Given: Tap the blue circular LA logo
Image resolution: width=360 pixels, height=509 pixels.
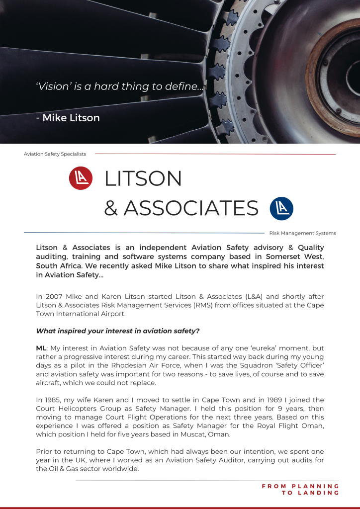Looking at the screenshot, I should pyautogui.click(x=281, y=209).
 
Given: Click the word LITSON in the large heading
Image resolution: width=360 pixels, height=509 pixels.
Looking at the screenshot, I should pyautogui.click(x=143, y=179).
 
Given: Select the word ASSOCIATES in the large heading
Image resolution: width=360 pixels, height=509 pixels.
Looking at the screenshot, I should pyautogui.click(x=191, y=209).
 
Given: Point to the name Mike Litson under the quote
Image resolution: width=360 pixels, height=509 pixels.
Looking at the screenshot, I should pyautogui.click(x=71, y=118).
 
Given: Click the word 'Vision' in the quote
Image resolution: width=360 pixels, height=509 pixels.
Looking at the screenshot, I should pyautogui.click(x=53, y=86).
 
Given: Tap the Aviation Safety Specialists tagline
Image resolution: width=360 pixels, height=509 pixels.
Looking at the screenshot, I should pyautogui.click(x=55, y=154).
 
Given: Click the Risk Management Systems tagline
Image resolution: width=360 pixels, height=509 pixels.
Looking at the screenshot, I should pyautogui.click(x=302, y=233).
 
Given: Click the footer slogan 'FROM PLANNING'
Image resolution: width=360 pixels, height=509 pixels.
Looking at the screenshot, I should pyautogui.click(x=300, y=486).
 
